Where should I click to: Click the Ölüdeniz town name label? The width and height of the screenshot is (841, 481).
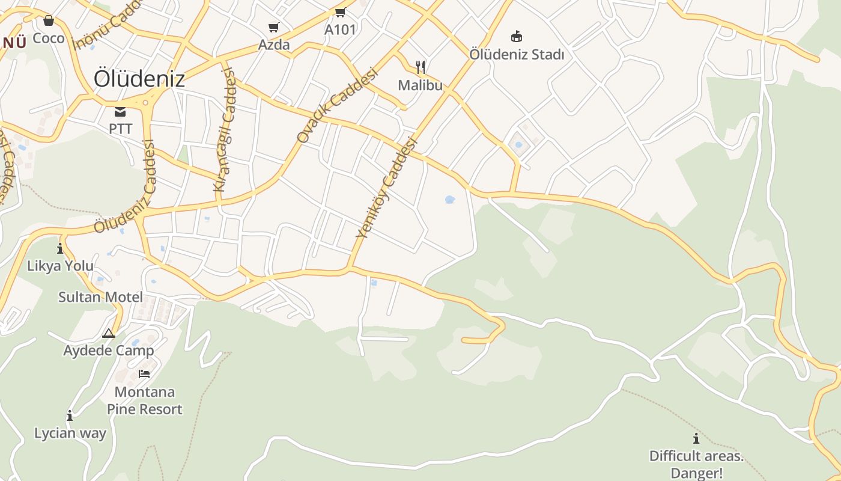pyautogui.click(x=139, y=79)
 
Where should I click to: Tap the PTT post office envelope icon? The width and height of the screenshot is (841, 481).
pyautogui.click(x=120, y=112)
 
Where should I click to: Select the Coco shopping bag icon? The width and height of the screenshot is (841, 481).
pyautogui.click(x=49, y=21)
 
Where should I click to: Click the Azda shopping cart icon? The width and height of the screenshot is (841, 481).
pyautogui.click(x=274, y=27)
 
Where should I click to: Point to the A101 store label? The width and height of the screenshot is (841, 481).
pyautogui.click(x=340, y=29)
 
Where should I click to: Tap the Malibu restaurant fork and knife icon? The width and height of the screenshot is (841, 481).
pyautogui.click(x=421, y=67)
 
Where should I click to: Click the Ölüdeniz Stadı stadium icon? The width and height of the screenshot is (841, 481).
pyautogui.click(x=516, y=37)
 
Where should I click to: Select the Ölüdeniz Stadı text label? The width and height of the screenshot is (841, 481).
pyautogui.click(x=517, y=55)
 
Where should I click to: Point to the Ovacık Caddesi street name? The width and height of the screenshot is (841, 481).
pyautogui.click(x=337, y=105)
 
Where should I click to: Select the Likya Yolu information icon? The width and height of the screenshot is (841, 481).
pyautogui.click(x=60, y=248)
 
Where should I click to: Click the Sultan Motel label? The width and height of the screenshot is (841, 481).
pyautogui.click(x=100, y=297)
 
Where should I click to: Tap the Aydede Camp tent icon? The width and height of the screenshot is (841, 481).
pyautogui.click(x=109, y=333)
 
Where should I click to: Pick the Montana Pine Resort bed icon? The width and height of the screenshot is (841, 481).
pyautogui.click(x=144, y=373)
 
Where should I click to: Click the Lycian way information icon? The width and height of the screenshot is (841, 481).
pyautogui.click(x=70, y=415)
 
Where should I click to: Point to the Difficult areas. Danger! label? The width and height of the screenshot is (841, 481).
pyautogui.click(x=696, y=464)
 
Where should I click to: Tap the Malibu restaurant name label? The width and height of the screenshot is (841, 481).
pyautogui.click(x=421, y=85)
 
